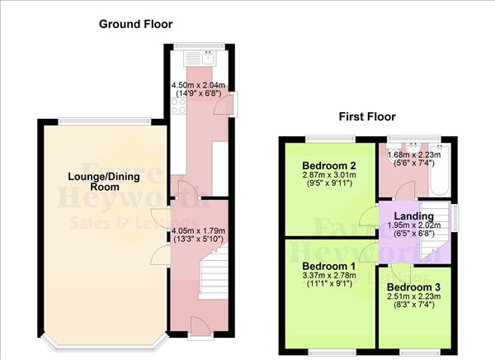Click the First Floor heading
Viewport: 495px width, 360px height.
(367, 117)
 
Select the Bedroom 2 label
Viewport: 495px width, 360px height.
(329, 163)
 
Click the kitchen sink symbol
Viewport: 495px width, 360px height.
(199, 59)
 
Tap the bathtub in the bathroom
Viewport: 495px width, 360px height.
(440, 168)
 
